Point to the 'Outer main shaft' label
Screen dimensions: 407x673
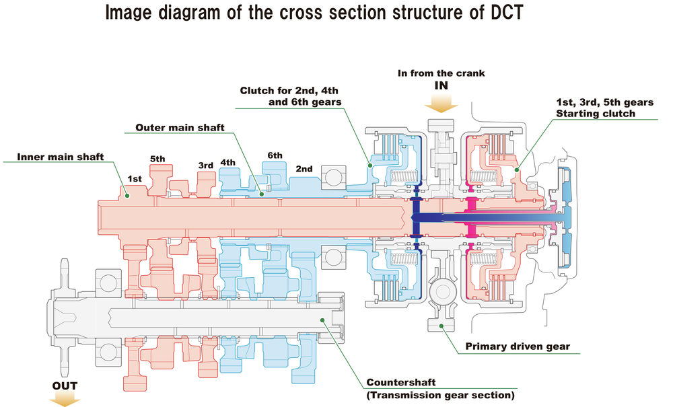point(172,127)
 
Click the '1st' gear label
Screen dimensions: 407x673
point(135,180)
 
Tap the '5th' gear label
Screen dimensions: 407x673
point(157,159)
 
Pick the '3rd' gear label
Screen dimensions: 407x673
point(205,165)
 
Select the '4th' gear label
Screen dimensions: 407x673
point(227,162)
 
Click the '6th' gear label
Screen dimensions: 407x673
point(275,155)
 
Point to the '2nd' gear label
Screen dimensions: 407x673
point(304,169)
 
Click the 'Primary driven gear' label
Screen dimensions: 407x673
point(518,347)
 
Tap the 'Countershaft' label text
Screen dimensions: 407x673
point(396,382)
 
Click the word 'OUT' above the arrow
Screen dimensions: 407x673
point(65,386)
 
